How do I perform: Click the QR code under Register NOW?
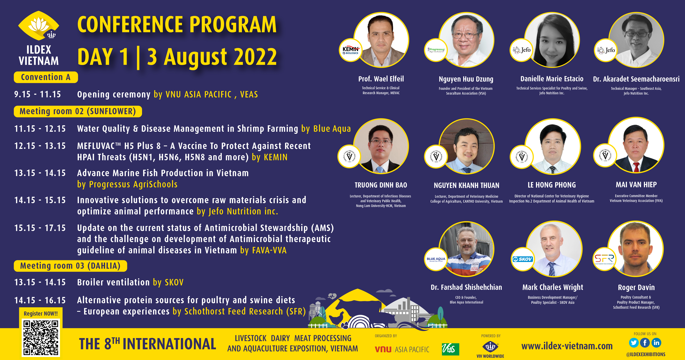(x=41, y=338)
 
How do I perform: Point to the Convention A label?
(x=46, y=77)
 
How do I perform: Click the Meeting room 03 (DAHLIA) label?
(x=70, y=266)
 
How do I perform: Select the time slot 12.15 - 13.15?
(x=40, y=146)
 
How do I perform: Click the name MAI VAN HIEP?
(x=636, y=185)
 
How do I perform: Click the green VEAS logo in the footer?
(x=451, y=349)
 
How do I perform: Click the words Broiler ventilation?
(x=114, y=282)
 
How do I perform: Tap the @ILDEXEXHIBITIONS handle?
(x=646, y=354)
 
